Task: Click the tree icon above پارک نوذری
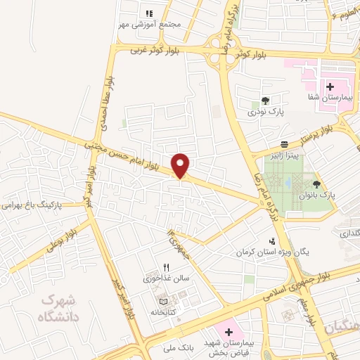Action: (x=265, y=101)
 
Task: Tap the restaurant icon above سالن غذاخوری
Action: (x=167, y=267)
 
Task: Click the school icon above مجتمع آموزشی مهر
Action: (x=149, y=13)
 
